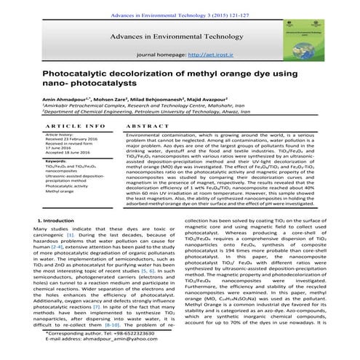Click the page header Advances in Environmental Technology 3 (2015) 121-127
180,5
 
